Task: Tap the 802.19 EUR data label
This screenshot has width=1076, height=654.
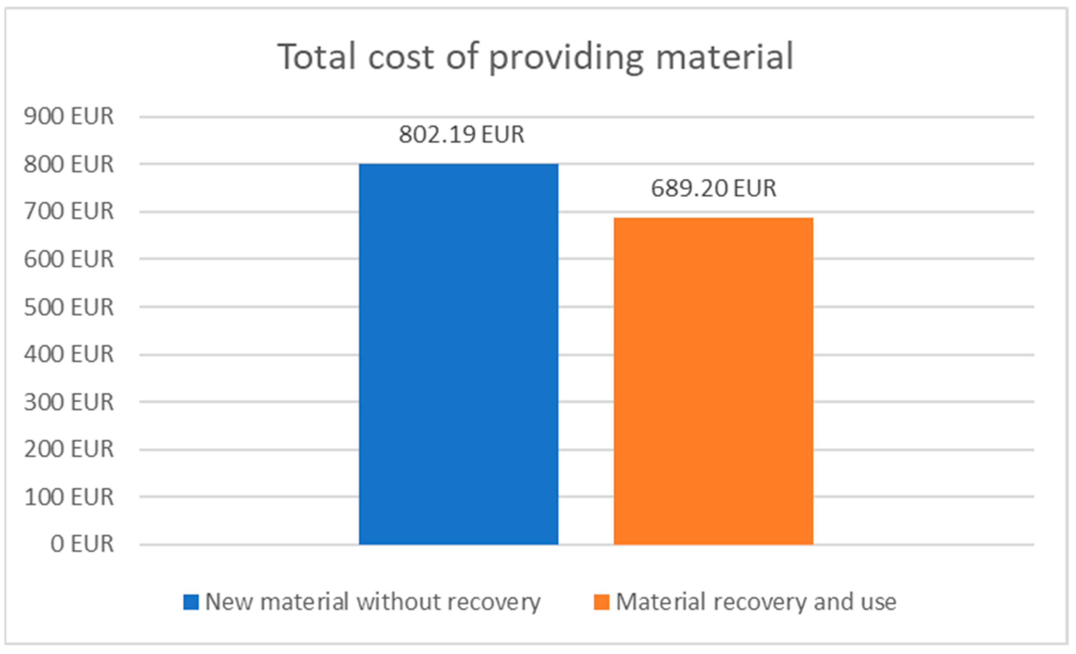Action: [461, 134]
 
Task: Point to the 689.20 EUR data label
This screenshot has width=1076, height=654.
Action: [713, 188]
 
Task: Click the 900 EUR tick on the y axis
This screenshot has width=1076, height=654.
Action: [69, 116]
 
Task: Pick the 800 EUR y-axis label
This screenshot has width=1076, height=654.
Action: [69, 164]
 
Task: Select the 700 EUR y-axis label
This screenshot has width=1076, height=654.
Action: [69, 211]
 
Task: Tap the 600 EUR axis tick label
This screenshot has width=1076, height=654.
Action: [69, 259]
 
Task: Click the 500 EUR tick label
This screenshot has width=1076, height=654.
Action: [69, 307]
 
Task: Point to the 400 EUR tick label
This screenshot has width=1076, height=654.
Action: [69, 354]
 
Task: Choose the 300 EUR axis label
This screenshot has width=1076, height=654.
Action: [69, 402]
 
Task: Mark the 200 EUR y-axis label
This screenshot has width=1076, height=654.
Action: [69, 449]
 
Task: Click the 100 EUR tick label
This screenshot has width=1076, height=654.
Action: [69, 497]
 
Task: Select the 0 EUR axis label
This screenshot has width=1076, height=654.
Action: [82, 544]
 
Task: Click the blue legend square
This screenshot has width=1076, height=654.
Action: [191, 602]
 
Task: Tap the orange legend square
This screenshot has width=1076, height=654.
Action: [601, 602]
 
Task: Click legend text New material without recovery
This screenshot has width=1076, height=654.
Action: [372, 602]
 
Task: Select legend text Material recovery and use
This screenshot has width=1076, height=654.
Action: [756, 602]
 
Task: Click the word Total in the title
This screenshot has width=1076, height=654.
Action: [317, 57]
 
